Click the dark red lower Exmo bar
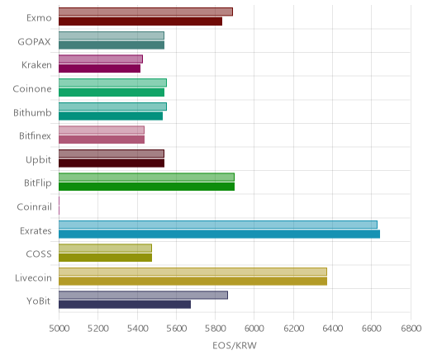140,21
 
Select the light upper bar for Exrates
218,225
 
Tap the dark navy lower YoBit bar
125,305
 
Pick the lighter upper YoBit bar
143,295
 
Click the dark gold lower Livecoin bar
192,281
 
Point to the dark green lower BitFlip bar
146,187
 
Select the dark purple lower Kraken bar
99,69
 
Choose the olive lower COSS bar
105,258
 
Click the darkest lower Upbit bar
112,163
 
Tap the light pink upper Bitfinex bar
102,130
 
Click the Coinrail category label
34,206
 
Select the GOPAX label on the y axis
34,41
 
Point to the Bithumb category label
32,112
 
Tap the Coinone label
32,88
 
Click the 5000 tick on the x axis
59,329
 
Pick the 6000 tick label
254,329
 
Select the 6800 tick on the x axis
411,329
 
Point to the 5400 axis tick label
137,329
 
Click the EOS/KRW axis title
235,345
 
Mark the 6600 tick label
372,329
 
